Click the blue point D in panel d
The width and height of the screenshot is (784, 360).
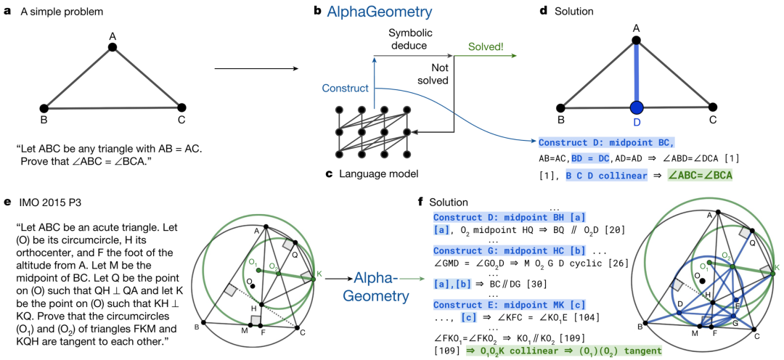[636, 108]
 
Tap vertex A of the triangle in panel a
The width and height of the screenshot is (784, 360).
[113, 47]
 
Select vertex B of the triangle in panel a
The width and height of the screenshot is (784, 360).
[44, 107]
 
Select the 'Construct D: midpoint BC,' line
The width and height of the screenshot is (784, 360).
[606, 142]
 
